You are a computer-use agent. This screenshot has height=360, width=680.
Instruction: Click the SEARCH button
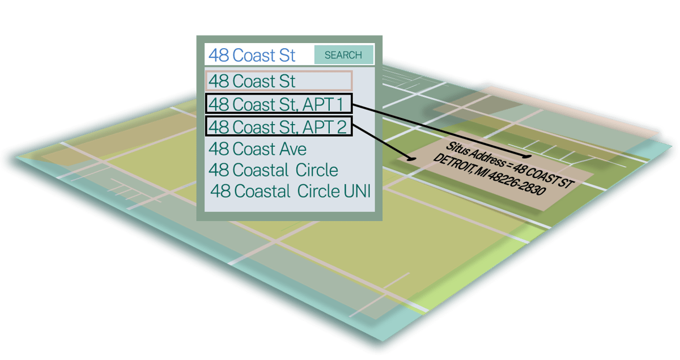pyautogui.click(x=343, y=55)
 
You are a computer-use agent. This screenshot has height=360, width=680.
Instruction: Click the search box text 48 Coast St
pyautogui.click(x=252, y=55)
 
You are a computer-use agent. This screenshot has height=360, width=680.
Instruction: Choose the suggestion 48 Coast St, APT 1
pyautogui.click(x=278, y=104)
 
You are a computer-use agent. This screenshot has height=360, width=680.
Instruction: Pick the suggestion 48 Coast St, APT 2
pyautogui.click(x=278, y=126)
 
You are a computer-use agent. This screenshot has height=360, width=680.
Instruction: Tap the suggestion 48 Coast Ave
pyautogui.click(x=258, y=149)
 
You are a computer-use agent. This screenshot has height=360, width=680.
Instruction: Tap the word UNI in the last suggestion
pyautogui.click(x=357, y=191)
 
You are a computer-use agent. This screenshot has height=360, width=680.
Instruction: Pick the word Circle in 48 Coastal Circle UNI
pyautogui.click(x=317, y=191)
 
